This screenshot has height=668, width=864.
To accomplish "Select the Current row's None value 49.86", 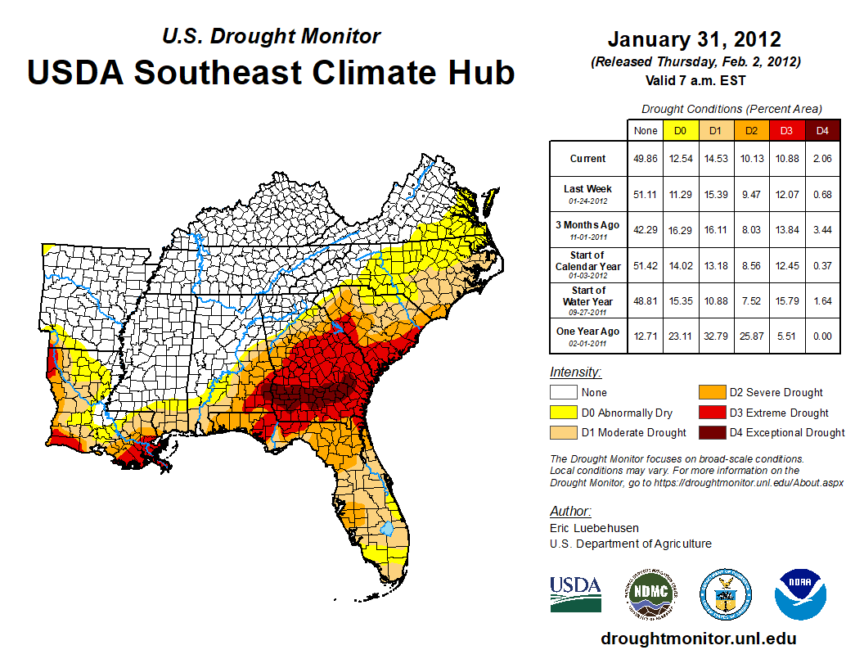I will (x=646, y=159).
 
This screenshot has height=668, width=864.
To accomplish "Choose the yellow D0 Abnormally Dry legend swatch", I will (x=561, y=413).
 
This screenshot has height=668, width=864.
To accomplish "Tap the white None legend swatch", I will (x=561, y=393).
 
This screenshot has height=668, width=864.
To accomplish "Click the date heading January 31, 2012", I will (x=694, y=39).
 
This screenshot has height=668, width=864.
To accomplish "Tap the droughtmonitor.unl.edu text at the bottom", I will (x=698, y=639).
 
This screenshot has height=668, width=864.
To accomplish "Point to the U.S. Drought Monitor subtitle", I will (x=271, y=36).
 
